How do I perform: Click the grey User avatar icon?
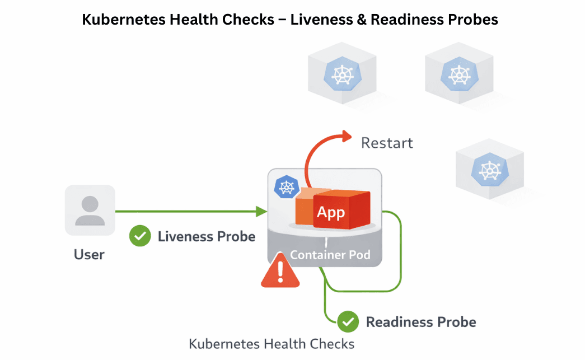[x=90, y=210]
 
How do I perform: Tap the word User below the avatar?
[x=89, y=255]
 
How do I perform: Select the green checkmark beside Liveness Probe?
[x=140, y=236]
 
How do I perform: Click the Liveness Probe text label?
[x=206, y=236]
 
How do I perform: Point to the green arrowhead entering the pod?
[x=261, y=212]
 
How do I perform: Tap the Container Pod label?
[x=330, y=255]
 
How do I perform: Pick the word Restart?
[x=387, y=143]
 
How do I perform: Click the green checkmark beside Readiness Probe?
[x=348, y=322]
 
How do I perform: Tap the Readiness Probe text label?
[x=421, y=322]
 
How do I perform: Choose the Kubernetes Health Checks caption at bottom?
[x=272, y=343]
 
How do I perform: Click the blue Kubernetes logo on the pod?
[x=286, y=186]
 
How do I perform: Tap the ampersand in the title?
[x=361, y=20]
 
